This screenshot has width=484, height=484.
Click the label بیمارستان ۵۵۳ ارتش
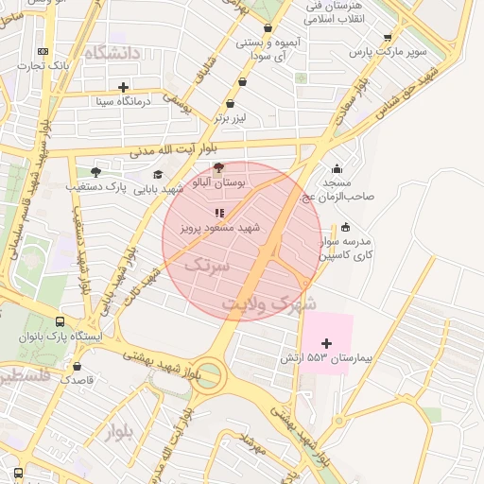point(327,359)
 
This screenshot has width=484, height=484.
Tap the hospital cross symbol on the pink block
point(327,343)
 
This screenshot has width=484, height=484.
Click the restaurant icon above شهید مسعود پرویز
point(219,214)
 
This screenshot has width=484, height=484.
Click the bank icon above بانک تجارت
point(42,51)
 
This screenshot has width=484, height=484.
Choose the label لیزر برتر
point(233,118)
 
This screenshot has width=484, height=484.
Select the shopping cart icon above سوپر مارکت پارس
point(388,38)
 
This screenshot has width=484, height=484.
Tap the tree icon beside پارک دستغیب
point(95,172)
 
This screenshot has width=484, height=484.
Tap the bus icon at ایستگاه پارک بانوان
point(61,321)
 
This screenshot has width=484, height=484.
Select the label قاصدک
point(76,379)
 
